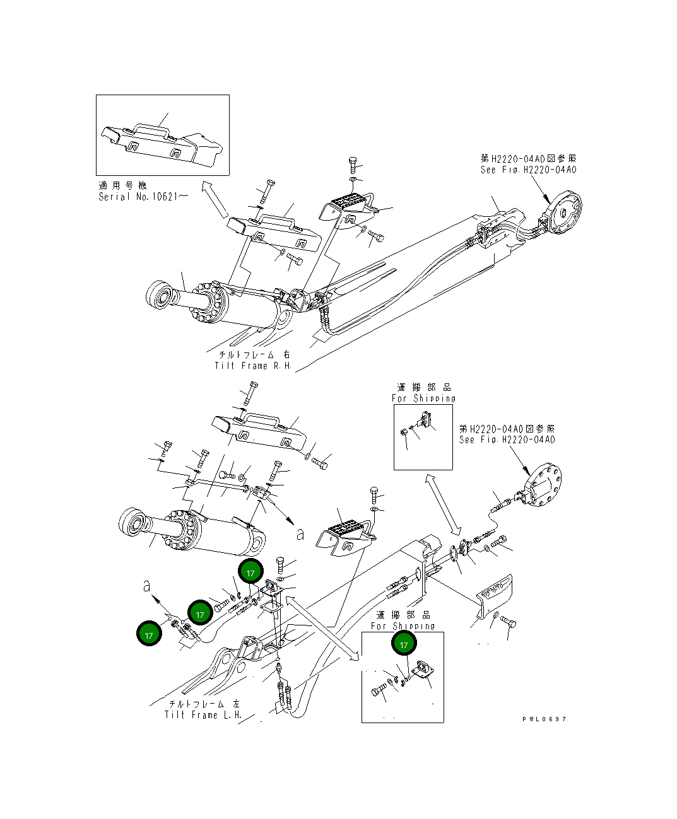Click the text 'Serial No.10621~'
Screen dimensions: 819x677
(143, 197)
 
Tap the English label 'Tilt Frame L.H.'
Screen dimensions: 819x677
(203, 715)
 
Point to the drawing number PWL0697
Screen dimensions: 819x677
(544, 719)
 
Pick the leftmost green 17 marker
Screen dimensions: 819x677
(149, 634)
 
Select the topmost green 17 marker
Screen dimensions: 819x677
(250, 572)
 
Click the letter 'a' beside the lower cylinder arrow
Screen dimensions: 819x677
(300, 534)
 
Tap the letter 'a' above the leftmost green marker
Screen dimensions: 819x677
(147, 586)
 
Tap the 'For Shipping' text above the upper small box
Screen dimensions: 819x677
(423, 398)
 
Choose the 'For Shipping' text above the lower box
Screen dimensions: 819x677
(403, 626)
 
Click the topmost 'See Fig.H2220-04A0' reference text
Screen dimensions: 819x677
(528, 170)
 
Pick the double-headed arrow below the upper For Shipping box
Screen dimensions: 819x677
(442, 504)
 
